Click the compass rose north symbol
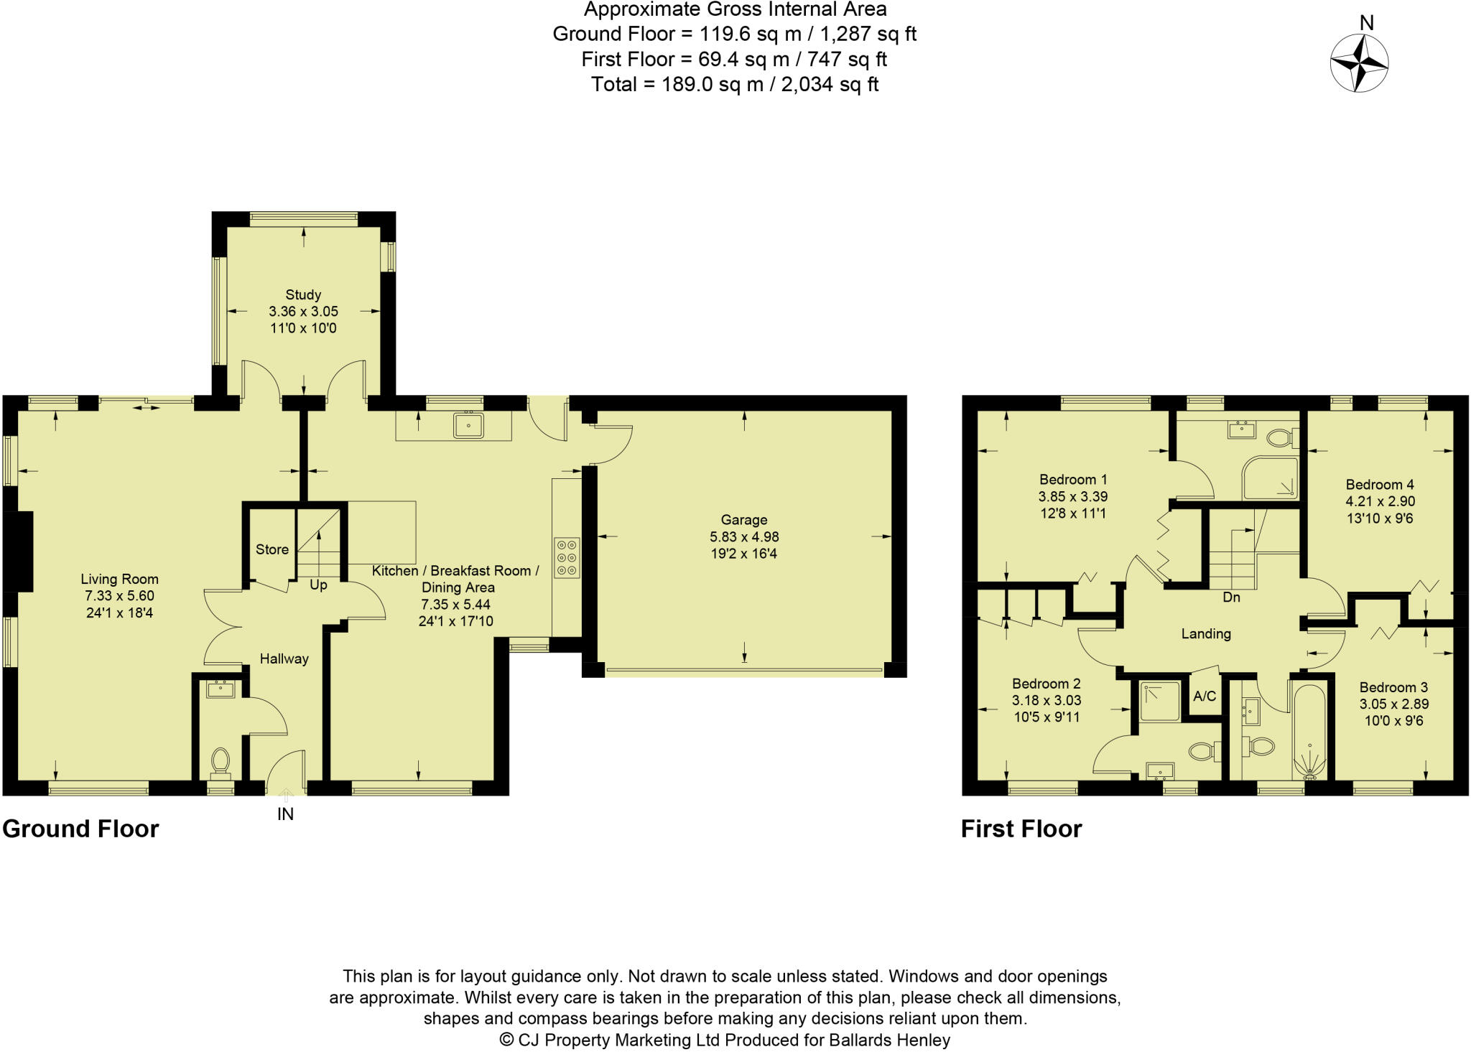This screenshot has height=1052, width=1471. tap(1359, 63)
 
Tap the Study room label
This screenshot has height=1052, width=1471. tap(303, 294)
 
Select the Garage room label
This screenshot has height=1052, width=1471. tap(744, 520)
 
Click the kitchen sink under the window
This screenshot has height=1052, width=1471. tap(468, 425)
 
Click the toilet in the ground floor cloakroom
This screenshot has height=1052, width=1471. tap(221, 763)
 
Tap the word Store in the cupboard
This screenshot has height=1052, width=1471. tap(272, 549)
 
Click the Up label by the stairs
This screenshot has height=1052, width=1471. tap(318, 585)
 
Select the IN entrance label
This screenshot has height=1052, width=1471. tap(286, 814)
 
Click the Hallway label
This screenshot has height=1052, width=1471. tap(284, 658)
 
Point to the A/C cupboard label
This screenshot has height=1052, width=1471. tap(1205, 696)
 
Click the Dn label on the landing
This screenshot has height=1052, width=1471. tap(1231, 597)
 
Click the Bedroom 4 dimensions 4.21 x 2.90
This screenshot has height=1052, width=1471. tap(1380, 501)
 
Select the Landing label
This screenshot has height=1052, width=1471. tap(1206, 633)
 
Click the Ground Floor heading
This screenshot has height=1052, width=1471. tap(80, 829)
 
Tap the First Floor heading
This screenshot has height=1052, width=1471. tap(1021, 829)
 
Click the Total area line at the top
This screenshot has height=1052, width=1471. tap(735, 85)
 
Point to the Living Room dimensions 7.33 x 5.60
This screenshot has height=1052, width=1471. tap(119, 596)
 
